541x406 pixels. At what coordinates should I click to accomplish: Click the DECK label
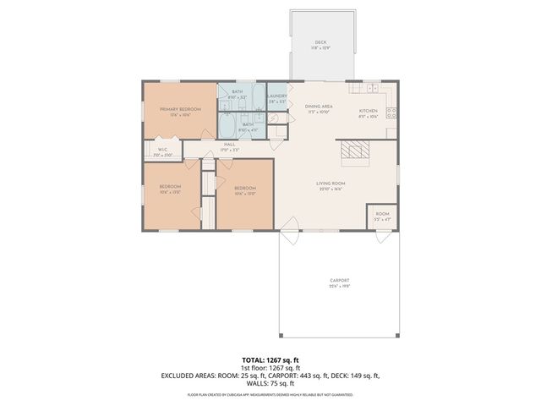320,41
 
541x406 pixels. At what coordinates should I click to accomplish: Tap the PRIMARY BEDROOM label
178,108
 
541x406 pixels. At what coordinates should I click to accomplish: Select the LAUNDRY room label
277,96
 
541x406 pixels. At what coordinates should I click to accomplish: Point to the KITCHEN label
368,111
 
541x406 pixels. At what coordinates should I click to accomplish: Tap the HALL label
229,145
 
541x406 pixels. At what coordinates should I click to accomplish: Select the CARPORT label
340,281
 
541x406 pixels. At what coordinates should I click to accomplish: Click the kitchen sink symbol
373,87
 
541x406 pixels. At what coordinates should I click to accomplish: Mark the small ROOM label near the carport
383,214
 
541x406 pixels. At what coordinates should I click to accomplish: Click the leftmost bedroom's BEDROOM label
171,188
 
